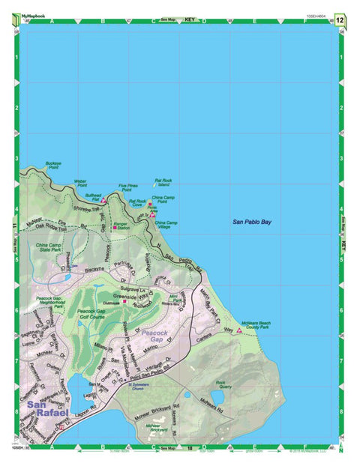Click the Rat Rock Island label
point(163,182)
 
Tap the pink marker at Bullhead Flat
point(103,200)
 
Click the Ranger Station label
point(121,225)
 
